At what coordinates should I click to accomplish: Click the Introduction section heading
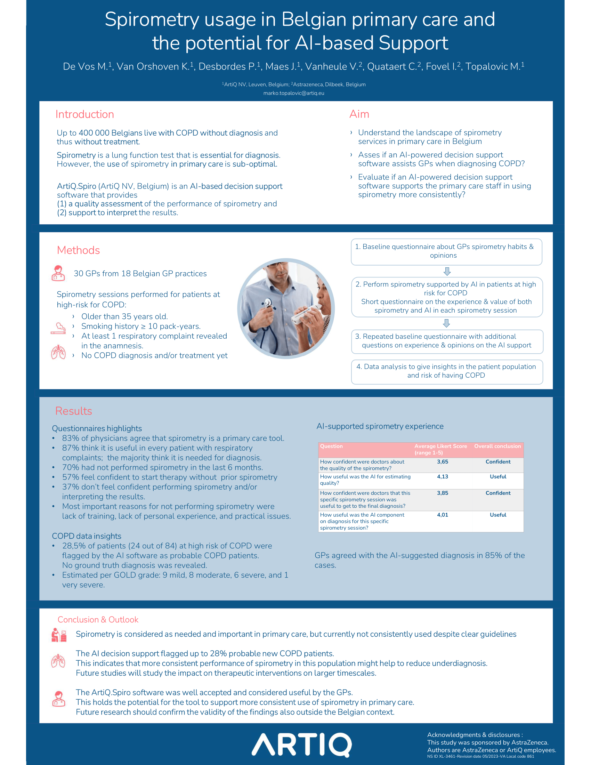click(84, 114)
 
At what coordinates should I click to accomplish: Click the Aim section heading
click(359, 114)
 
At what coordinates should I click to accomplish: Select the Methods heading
click(78, 250)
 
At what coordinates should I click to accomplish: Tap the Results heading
click(73, 411)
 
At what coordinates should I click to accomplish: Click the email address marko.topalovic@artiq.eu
click(293, 93)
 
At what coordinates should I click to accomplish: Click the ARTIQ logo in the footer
click(301, 744)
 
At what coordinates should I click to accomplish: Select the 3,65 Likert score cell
click(442, 462)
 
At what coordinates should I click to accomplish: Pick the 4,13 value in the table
click(442, 476)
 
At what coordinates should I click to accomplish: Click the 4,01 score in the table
click(442, 515)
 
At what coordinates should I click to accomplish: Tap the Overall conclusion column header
click(497, 446)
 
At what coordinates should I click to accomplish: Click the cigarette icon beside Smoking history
click(58, 328)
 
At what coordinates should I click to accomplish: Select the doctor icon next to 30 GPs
click(58, 273)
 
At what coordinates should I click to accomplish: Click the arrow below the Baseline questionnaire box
click(447, 271)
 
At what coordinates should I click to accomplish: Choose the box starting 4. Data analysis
click(447, 371)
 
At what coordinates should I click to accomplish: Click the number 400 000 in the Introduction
click(94, 133)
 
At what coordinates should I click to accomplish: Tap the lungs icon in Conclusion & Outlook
click(58, 661)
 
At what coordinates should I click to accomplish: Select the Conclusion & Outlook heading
click(98, 620)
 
